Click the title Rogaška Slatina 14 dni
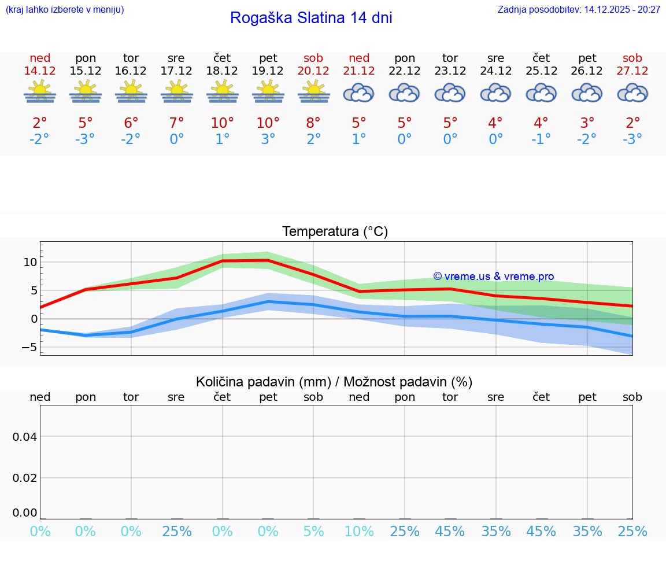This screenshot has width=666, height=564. (x=311, y=18)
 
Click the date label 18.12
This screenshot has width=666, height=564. (x=222, y=71)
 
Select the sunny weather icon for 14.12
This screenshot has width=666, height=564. (x=40, y=92)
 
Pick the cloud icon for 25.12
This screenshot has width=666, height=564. (x=541, y=93)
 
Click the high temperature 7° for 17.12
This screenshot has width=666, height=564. (x=176, y=123)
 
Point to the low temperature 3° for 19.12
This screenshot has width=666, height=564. (x=268, y=139)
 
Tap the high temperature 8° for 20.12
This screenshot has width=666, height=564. (x=313, y=123)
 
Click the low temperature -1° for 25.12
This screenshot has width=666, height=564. (x=541, y=139)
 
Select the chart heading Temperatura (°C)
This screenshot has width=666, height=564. (x=335, y=232)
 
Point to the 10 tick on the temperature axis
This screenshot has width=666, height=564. (x=30, y=262)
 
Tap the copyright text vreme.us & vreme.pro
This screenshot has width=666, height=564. (x=493, y=277)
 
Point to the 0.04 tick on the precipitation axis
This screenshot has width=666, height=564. (x=25, y=437)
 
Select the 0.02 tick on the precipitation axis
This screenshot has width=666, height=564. (x=25, y=478)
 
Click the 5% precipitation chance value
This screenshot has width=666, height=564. (x=313, y=531)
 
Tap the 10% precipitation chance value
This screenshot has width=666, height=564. (x=359, y=531)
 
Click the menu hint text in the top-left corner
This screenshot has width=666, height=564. (x=65, y=10)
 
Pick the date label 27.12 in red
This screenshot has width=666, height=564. (x=632, y=71)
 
